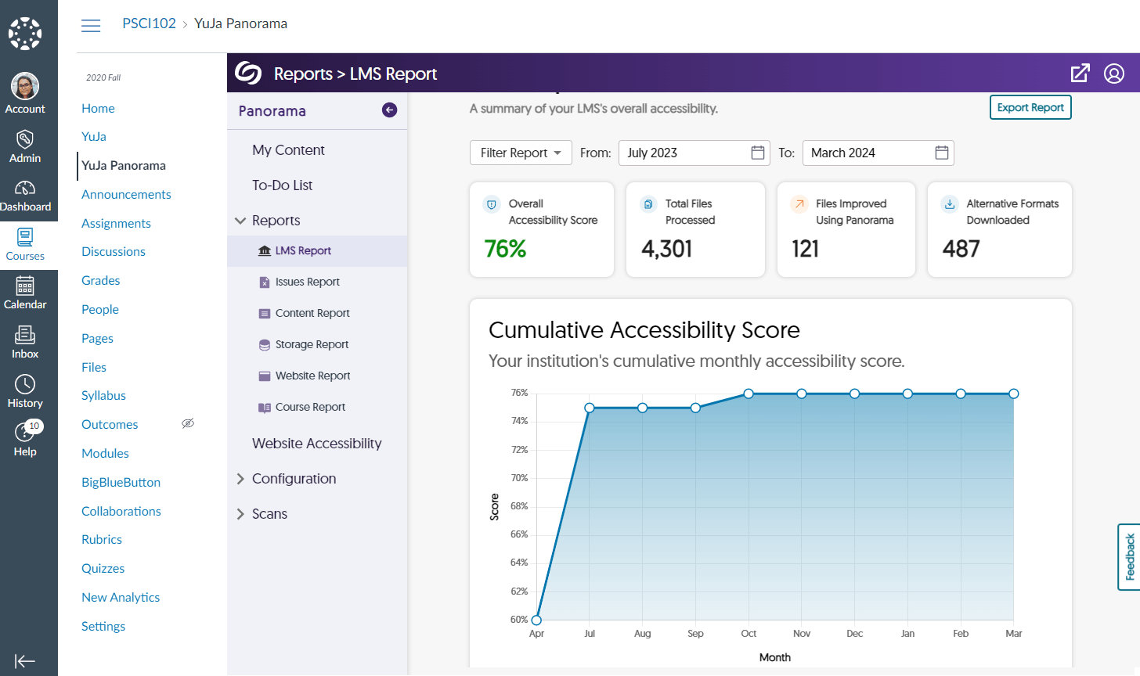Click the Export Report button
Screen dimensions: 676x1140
1030,108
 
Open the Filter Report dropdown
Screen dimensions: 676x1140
521,153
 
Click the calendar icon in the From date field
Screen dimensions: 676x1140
757,153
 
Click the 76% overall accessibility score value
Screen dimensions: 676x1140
505,249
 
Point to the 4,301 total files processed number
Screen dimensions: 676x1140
666,249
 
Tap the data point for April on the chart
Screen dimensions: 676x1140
536,620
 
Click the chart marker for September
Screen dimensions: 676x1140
695,408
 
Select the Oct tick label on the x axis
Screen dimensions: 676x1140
749,634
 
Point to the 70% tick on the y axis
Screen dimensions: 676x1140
519,478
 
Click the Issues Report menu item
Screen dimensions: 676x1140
307,282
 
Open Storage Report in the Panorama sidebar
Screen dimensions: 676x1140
312,344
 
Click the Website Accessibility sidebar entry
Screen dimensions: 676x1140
316,444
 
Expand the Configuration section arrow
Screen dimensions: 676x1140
240,479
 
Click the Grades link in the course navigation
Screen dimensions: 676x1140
101,280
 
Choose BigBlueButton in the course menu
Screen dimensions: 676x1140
121,482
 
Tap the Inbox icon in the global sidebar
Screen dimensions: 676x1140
25,336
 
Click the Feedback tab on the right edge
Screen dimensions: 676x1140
1129,556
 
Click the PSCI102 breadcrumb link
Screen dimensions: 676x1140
149,23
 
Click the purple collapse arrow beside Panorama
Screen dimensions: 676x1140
389,110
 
